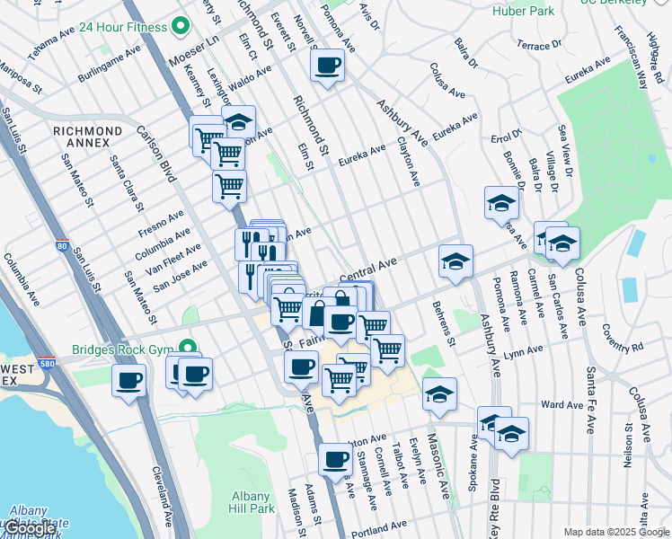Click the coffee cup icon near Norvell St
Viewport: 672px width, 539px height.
(x=328, y=65)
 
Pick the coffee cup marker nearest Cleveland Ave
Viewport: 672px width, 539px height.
(x=128, y=379)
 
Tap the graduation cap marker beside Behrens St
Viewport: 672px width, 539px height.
(x=455, y=261)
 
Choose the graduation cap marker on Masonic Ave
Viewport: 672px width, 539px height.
(x=438, y=393)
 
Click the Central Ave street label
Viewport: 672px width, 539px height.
(x=367, y=267)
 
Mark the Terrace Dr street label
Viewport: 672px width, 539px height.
(x=539, y=44)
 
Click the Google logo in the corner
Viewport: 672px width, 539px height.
(x=31, y=528)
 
